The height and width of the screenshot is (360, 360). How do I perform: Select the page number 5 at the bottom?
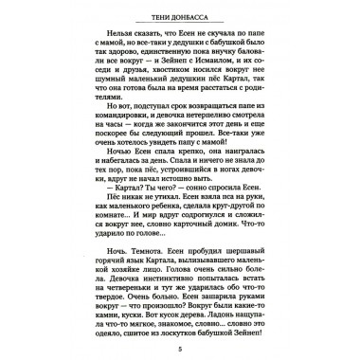coord(179,346)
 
